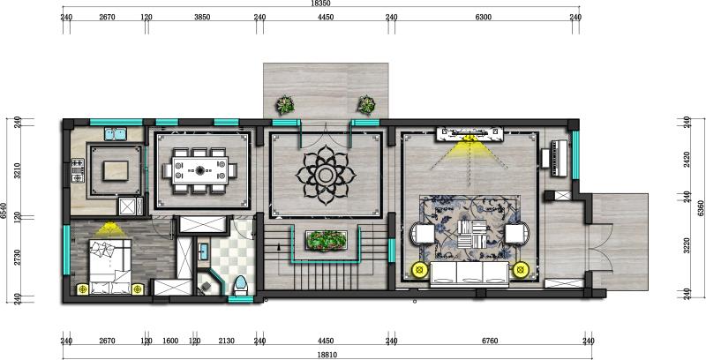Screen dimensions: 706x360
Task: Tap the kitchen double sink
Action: (116, 133)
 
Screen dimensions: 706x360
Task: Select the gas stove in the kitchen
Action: (78, 170)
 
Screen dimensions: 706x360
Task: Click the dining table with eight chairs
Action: (200, 170)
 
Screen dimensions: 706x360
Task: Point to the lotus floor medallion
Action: (326, 175)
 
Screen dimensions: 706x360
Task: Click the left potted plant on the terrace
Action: (285, 105)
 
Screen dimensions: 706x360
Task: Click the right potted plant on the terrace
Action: (366, 105)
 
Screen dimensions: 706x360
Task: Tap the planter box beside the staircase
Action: (326, 241)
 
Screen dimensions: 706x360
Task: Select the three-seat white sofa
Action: (469, 274)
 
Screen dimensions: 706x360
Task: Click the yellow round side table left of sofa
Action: (420, 270)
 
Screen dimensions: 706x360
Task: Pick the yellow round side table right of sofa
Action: (521, 270)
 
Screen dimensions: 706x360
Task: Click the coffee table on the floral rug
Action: (472, 235)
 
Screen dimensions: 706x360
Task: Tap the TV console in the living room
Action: (469, 134)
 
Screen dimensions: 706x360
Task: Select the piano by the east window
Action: (560, 159)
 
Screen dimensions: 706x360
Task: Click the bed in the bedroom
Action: (109, 266)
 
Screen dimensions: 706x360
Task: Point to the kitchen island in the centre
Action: (116, 170)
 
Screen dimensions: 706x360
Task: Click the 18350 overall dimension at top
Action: (320, 4)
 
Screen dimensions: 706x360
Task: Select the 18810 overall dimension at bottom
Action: (327, 355)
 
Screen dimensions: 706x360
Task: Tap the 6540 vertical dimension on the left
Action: (4, 211)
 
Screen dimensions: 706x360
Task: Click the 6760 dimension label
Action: (490, 341)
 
